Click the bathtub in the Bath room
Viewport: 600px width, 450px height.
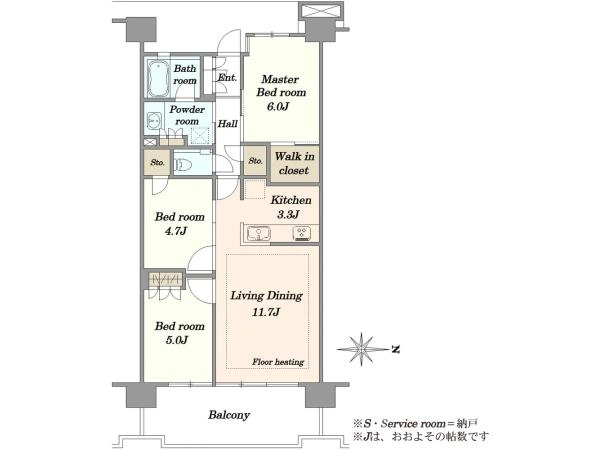(158, 79)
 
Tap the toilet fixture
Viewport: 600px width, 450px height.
(181, 165)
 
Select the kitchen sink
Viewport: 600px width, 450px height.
(259, 234)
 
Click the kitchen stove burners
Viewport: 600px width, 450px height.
(302, 234)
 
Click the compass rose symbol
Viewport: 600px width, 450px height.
(362, 349)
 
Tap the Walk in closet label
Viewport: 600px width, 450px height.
(294, 163)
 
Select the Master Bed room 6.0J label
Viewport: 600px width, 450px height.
(281, 92)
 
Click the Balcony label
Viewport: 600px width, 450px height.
(229, 415)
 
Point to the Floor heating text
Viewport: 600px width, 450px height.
(278, 362)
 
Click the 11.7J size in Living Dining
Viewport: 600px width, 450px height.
(266, 312)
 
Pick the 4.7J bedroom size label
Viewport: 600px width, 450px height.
(176, 231)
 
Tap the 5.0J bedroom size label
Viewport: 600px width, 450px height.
(176, 340)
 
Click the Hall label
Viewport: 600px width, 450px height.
(228, 124)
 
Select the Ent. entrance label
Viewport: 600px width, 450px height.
(227, 77)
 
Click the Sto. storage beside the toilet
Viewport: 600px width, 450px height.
(157, 162)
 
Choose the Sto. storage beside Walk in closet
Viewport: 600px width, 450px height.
(255, 161)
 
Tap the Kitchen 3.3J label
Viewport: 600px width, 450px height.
(291, 207)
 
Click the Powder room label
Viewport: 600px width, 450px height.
(187, 115)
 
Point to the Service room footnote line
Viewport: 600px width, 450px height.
(416, 424)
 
